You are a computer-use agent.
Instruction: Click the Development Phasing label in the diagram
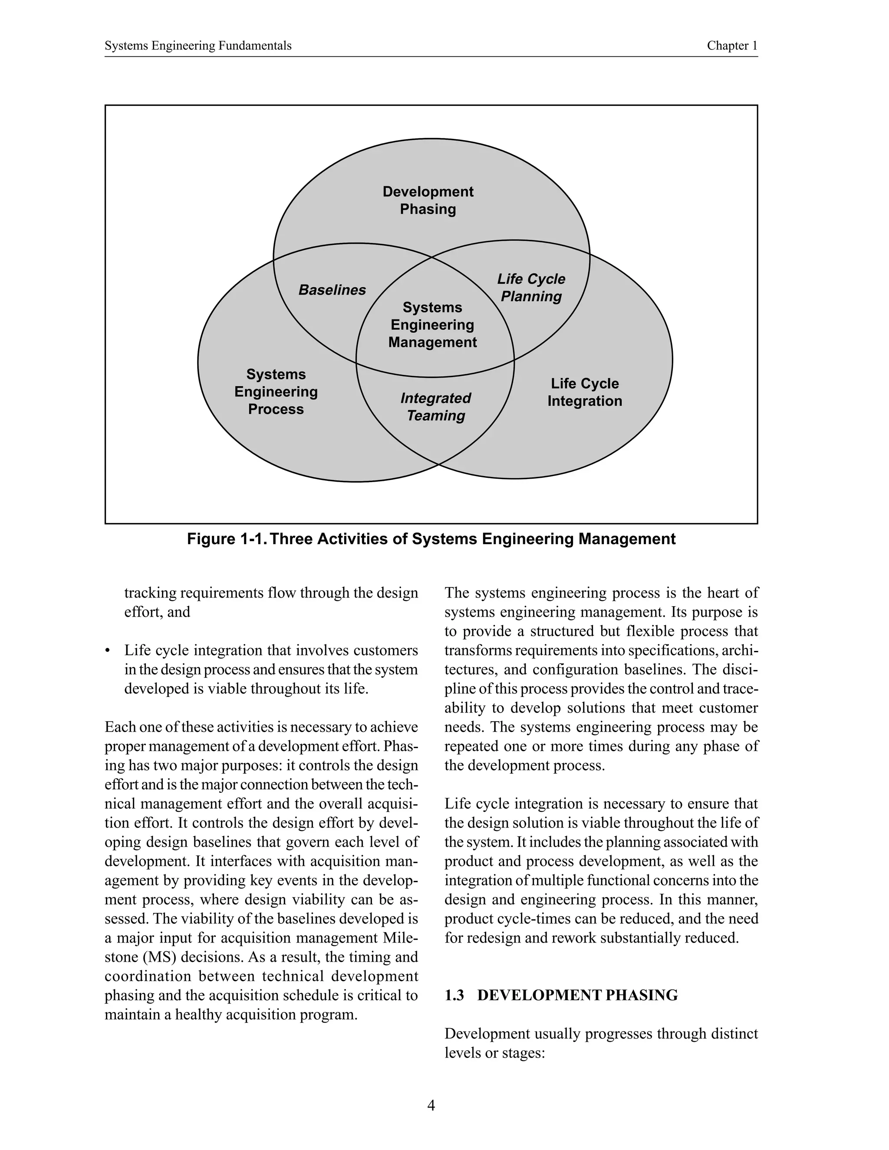point(428,200)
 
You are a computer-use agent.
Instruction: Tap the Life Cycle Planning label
point(531,287)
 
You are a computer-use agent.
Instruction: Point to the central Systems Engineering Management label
point(432,325)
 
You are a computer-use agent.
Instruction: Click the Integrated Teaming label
point(435,407)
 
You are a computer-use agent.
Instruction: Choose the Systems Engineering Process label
point(276,392)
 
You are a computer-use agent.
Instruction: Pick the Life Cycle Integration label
point(585,392)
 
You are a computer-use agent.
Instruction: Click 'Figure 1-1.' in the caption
point(225,539)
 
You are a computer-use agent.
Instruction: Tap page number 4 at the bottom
point(431,1106)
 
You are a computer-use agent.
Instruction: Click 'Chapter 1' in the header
point(732,46)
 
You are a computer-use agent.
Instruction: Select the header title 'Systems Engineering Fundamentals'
point(198,46)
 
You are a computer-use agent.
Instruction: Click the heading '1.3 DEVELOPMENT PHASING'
point(561,995)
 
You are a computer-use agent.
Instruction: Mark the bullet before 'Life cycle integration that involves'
point(108,651)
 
